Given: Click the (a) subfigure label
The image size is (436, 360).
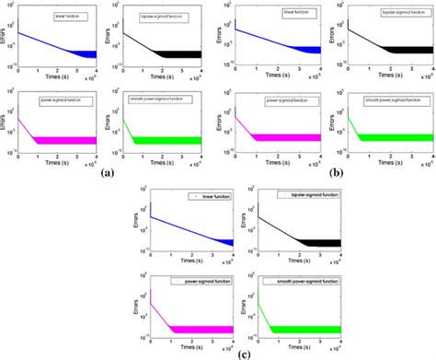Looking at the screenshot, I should pos(108,172).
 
